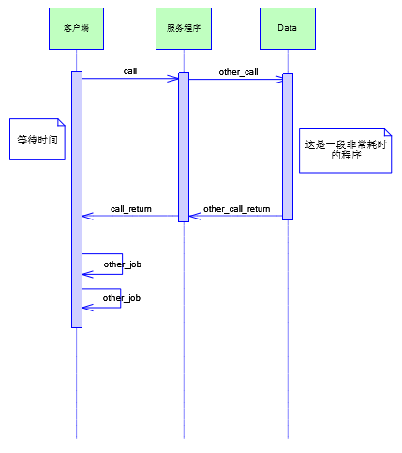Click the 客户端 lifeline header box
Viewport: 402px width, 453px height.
pyautogui.click(x=76, y=28)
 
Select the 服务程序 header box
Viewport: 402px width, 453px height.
pyautogui.click(x=184, y=28)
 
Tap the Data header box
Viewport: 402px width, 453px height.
pyautogui.click(x=288, y=28)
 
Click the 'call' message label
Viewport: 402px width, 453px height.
pyautogui.click(x=130, y=71)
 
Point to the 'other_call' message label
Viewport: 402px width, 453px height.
pyautogui.click(x=238, y=72)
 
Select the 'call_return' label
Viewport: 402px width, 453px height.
pyautogui.click(x=131, y=209)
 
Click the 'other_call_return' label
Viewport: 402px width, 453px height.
pyautogui.click(x=237, y=209)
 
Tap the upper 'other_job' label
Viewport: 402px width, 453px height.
pyautogui.click(x=123, y=264)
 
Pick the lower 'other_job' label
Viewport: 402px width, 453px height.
pyautogui.click(x=122, y=298)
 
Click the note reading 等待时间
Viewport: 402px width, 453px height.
pyautogui.click(x=37, y=140)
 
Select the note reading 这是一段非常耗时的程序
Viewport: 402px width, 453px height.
pyautogui.click(x=345, y=150)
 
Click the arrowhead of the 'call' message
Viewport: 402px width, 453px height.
pyautogui.click(x=175, y=78)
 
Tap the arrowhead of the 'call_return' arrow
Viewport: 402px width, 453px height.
pyautogui.click(x=85, y=216)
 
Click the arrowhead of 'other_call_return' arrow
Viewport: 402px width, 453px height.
pyautogui.click(x=192, y=216)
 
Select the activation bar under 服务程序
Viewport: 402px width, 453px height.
pyautogui.click(x=184, y=147)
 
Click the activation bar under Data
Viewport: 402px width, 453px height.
pyautogui.click(x=288, y=146)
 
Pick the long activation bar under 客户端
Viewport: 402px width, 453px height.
pyautogui.click(x=77, y=200)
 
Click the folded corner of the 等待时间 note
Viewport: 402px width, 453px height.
pyautogui.click(x=61, y=122)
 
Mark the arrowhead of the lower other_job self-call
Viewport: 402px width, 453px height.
pyautogui.click(x=85, y=308)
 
